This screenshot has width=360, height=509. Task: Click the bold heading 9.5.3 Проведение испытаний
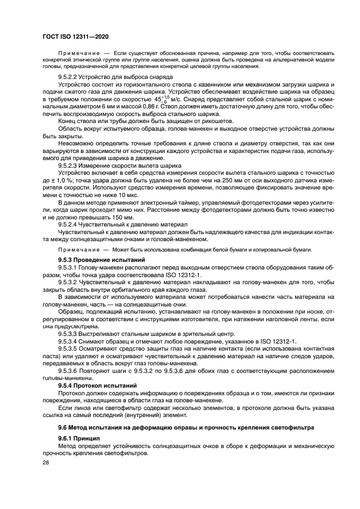(x=97, y=259)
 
